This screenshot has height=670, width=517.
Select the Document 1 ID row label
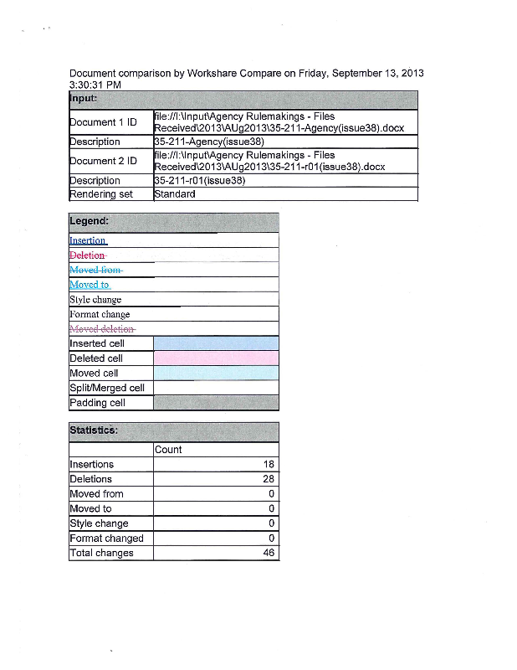[x=103, y=122]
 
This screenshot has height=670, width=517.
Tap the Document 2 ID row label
[x=103, y=161]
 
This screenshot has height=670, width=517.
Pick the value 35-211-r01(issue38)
[x=199, y=180]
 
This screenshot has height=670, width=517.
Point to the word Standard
[x=175, y=194]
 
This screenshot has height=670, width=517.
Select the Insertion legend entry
[x=88, y=240]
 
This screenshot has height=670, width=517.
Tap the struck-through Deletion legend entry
[x=87, y=255]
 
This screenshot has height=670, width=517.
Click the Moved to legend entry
[x=90, y=285]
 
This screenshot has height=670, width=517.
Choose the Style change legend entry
[x=95, y=299]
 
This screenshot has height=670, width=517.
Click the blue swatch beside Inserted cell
[x=216, y=343]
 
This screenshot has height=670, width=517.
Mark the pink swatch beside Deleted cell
[x=216, y=358]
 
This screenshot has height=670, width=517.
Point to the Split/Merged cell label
[x=107, y=388]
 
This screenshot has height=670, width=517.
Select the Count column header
[x=168, y=450]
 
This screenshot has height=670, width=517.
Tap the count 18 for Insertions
[x=269, y=464]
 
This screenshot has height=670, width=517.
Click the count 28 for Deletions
[x=269, y=479]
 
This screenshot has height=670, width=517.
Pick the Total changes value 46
[x=269, y=553]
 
